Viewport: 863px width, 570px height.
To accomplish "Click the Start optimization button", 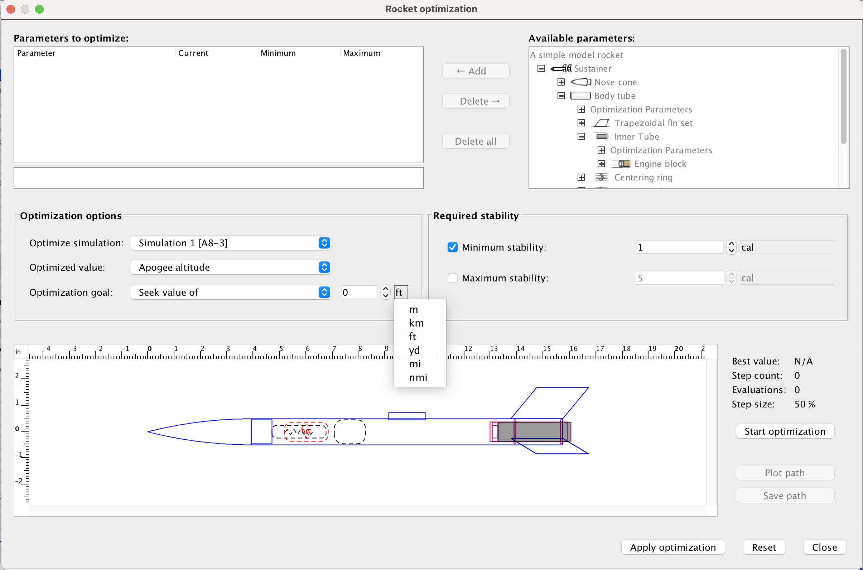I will click(785, 431).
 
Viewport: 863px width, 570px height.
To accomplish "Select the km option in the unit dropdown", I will click(416, 323).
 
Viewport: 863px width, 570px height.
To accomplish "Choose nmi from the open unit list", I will click(418, 377).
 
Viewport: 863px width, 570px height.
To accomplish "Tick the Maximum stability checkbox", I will click(452, 278).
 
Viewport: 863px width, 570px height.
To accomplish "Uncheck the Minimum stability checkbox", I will click(452, 247).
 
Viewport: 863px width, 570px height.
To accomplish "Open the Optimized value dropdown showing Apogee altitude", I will click(231, 267).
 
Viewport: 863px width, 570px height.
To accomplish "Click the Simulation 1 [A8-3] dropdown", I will click(231, 243).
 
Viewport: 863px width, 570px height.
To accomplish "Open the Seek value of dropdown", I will click(231, 292).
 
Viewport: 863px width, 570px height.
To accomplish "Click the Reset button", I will click(763, 547).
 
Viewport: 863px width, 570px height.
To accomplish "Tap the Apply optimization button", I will click(672, 547).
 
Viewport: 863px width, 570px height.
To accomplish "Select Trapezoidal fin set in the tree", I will click(653, 123).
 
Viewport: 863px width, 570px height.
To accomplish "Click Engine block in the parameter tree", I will click(660, 164).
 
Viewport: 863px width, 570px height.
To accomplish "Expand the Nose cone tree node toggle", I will click(561, 82).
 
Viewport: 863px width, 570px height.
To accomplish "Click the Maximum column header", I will click(361, 53).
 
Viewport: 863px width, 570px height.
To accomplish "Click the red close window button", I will click(10, 9).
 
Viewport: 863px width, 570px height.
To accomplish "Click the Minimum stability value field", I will click(679, 247).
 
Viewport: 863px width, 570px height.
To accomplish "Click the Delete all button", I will click(475, 141).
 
